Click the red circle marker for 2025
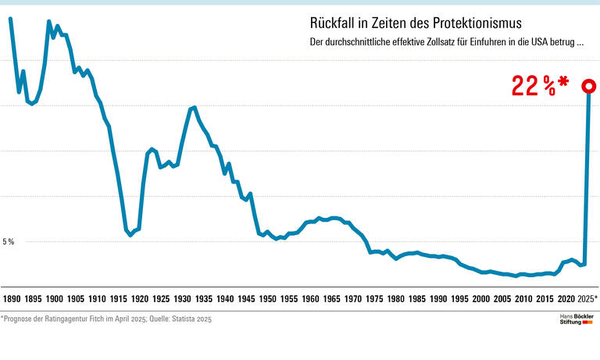tap(588, 86)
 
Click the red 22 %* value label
tap(540, 86)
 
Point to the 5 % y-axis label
tap(9, 241)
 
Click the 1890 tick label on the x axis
tap(12, 299)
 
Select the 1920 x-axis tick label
tap(140, 299)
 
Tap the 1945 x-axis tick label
tap(246, 299)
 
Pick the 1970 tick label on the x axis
tap(353, 299)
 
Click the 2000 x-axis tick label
tap(481, 299)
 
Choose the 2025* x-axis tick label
tap(584, 299)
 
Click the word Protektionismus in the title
tap(467, 23)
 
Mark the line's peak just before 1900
tap(49, 22)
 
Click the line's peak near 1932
tap(194, 107)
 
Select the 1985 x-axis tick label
tap(417, 299)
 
